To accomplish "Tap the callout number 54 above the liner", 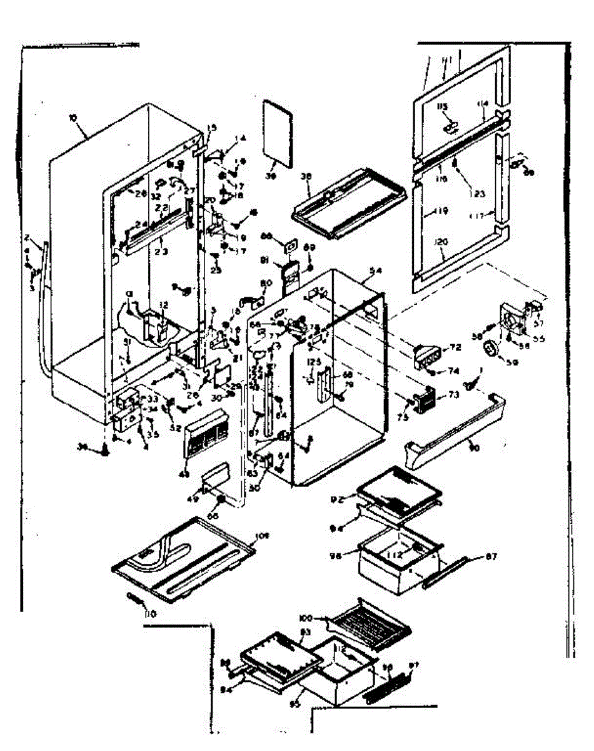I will pyautogui.click(x=376, y=270).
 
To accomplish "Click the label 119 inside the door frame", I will pyautogui.click(x=441, y=212).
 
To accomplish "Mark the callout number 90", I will pyautogui.click(x=475, y=448).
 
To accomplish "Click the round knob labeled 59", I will pyautogui.click(x=494, y=348).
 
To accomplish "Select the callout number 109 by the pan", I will pyautogui.click(x=261, y=536).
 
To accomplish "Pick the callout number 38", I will pyautogui.click(x=306, y=176).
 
